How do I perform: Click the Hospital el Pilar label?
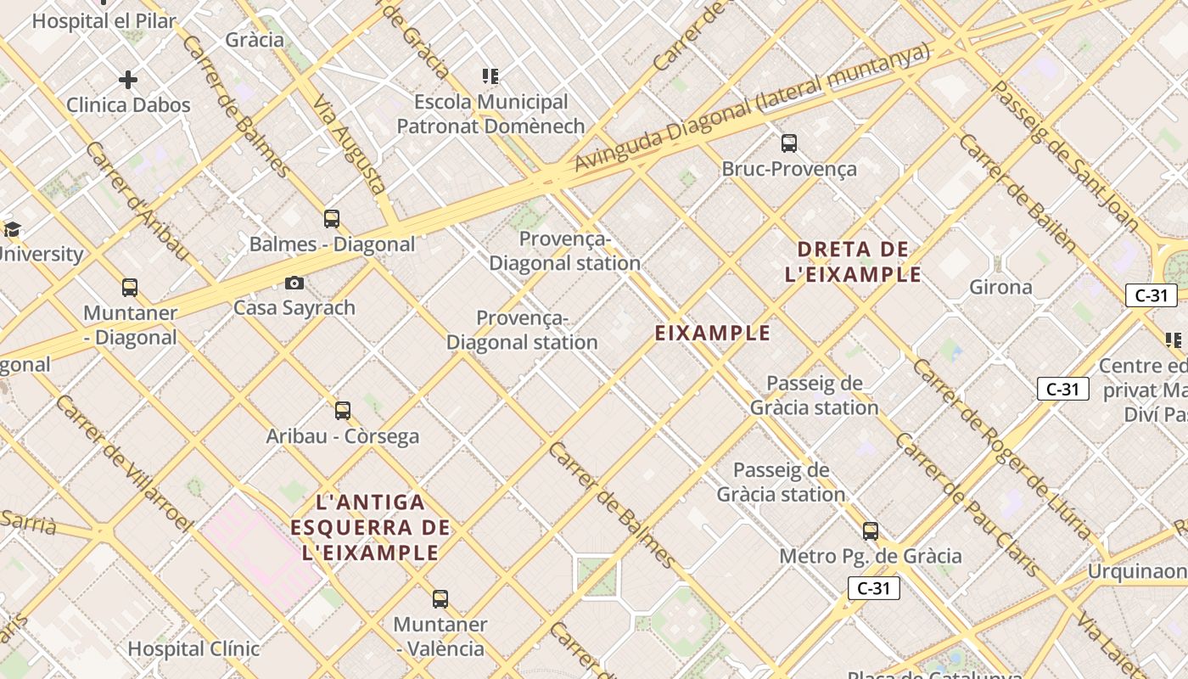pos(104,21)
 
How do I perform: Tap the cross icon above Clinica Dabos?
pos(128,80)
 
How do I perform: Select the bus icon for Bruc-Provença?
pos(789,143)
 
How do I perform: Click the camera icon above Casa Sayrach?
pos(294,283)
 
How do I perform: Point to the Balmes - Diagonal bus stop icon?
pos(332,219)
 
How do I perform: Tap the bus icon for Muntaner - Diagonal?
pos(130,288)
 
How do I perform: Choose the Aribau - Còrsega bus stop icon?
pos(343,411)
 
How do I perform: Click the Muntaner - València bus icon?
pos(440,599)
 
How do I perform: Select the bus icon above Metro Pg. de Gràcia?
pos(871,531)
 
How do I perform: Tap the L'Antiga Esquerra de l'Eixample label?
pos(370,527)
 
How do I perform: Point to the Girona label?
pos(1000,287)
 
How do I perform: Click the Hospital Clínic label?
pos(193,649)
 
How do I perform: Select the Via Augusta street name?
pos(350,144)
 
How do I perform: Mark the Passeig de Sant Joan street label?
pos(1065,157)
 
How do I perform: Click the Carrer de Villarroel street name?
pos(123,463)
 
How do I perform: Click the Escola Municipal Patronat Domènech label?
pos(491,114)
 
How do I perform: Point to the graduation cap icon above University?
pos(12,229)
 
